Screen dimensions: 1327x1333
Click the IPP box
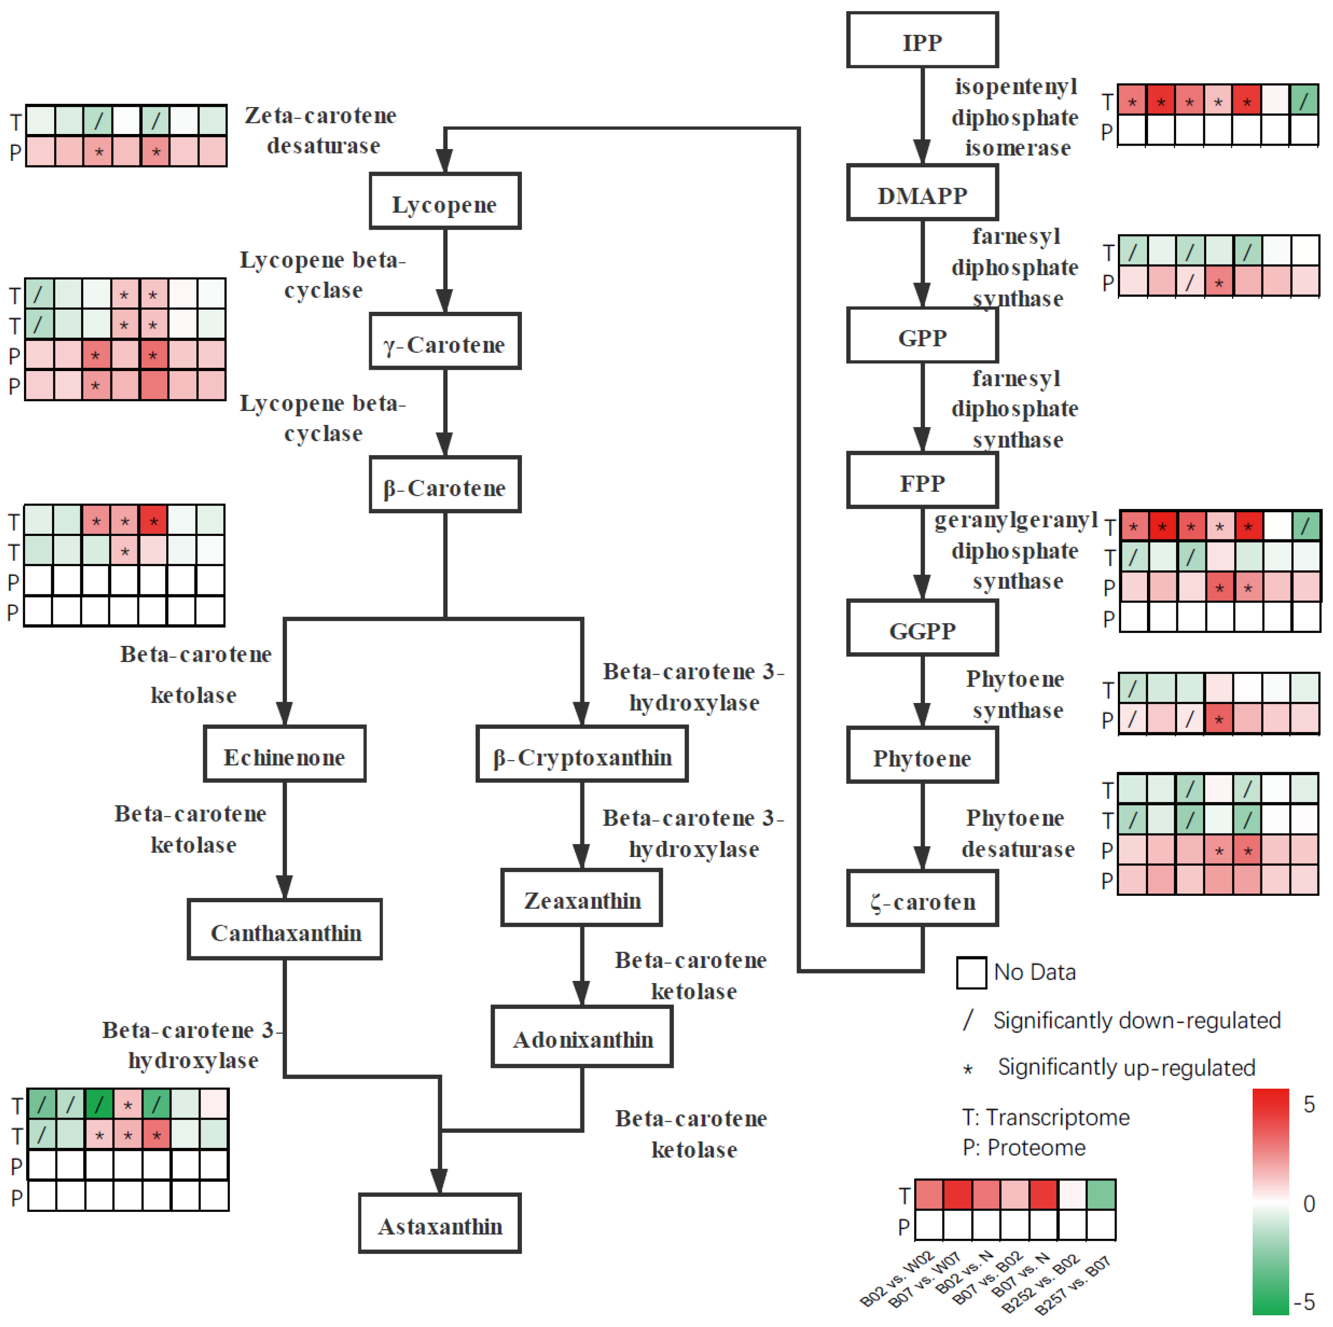pyautogui.click(x=922, y=40)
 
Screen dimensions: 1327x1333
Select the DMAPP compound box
pyautogui.click(x=922, y=193)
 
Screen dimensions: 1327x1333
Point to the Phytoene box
pyautogui.click(x=922, y=756)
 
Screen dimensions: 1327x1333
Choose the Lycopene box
pyautogui.click(x=445, y=201)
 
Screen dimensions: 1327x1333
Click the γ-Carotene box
pyautogui.click(x=445, y=342)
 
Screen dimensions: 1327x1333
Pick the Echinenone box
pyautogui.click(x=284, y=755)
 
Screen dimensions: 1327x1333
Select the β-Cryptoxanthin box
pyautogui.click(x=582, y=755)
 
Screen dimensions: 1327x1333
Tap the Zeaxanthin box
pyautogui.click(x=582, y=898)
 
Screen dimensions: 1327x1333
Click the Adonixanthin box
pyautogui.click(x=582, y=1037)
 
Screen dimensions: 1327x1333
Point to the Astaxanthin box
pyautogui.click(x=439, y=1224)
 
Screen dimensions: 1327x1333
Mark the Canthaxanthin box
pyautogui.click(x=284, y=930)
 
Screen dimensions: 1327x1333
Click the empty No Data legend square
pyautogui.click(x=971, y=973)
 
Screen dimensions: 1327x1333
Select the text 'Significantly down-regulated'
pyautogui.click(x=1136, y=1020)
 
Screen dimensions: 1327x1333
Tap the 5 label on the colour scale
pyautogui.click(x=1308, y=1104)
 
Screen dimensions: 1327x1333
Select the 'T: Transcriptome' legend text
pyautogui.click(x=1045, y=1117)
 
